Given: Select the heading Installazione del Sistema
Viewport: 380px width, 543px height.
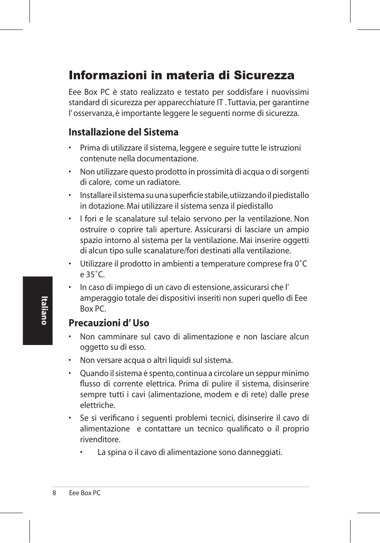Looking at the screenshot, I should click(123, 132).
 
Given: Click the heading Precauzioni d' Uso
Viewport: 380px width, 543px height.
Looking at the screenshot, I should click(109, 323).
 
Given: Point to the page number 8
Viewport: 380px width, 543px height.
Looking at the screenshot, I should click(54, 493).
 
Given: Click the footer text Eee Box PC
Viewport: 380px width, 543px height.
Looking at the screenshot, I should click(84, 493).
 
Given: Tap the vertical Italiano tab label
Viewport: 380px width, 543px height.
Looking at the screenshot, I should click(44, 310).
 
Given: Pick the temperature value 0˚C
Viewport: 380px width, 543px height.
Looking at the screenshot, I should click(301, 264).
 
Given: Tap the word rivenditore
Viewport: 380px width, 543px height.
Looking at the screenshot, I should click(100, 439).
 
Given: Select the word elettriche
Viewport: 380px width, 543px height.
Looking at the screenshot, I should click(97, 405).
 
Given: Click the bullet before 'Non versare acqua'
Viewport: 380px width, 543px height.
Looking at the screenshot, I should click(70, 361).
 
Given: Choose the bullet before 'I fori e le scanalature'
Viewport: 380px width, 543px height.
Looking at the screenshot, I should click(70, 219).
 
